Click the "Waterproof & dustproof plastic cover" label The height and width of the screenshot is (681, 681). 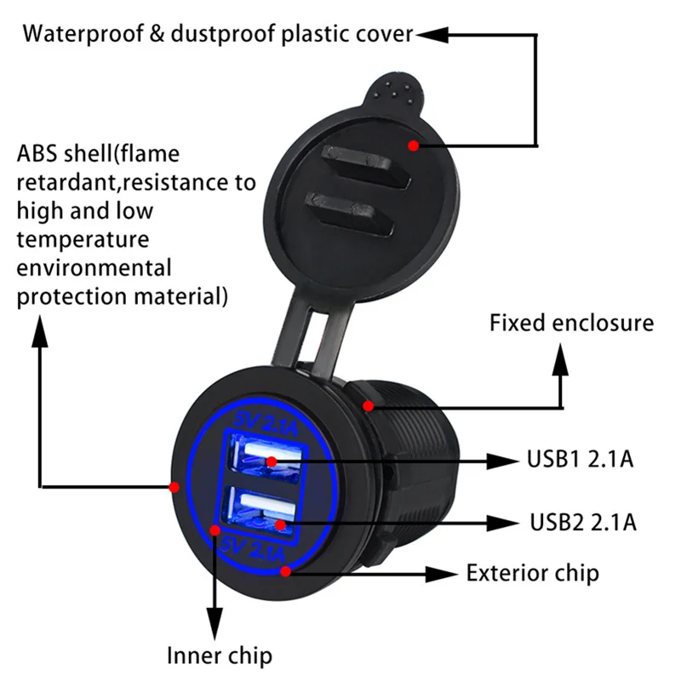218,35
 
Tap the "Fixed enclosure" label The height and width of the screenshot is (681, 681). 571,323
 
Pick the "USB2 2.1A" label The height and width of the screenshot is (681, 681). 583,521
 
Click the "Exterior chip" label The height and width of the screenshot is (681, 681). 532,573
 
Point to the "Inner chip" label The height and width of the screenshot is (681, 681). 219,655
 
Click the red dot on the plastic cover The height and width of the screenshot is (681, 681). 413,146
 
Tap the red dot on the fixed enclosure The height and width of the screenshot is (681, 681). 368,405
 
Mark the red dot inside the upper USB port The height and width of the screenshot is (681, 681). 271,462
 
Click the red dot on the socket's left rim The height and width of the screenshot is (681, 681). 174,487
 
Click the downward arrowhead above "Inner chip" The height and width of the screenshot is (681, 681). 215,618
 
